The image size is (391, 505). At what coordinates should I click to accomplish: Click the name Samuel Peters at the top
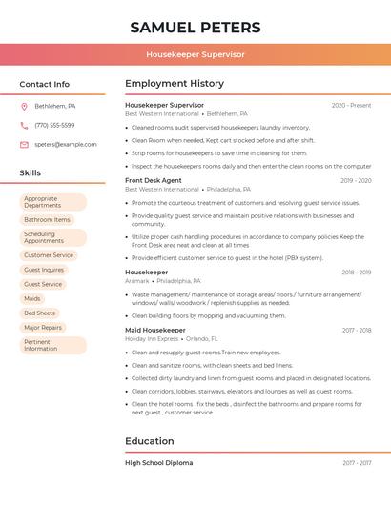[x=195, y=27]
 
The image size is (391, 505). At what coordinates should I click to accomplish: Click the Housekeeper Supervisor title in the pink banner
[x=195, y=54]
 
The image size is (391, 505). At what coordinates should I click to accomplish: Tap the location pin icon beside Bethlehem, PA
[x=24, y=106]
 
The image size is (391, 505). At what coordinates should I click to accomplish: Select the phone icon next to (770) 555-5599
[x=24, y=125]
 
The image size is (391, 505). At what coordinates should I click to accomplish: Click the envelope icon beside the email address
[x=24, y=145]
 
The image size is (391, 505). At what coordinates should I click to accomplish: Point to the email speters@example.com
[x=66, y=145]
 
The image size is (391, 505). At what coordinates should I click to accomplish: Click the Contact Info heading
[x=44, y=84]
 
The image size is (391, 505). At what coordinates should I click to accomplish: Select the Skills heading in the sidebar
[x=30, y=172]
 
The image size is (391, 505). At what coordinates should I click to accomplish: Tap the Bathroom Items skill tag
[x=47, y=219]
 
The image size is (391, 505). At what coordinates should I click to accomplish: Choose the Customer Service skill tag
[x=49, y=255]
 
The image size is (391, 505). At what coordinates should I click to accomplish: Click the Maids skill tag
[x=32, y=298]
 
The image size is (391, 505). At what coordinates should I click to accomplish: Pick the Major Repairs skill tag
[x=43, y=327]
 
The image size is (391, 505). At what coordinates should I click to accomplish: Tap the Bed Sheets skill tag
[x=39, y=313]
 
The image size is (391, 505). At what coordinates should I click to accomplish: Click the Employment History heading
[x=175, y=84]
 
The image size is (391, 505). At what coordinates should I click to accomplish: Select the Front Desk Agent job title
[x=153, y=180]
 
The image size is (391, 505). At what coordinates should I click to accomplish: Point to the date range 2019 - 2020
[x=356, y=180]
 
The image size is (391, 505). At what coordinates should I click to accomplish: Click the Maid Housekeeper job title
[x=155, y=330]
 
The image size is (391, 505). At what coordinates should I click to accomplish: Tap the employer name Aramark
[x=137, y=281]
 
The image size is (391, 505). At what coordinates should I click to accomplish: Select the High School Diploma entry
[x=158, y=463]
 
